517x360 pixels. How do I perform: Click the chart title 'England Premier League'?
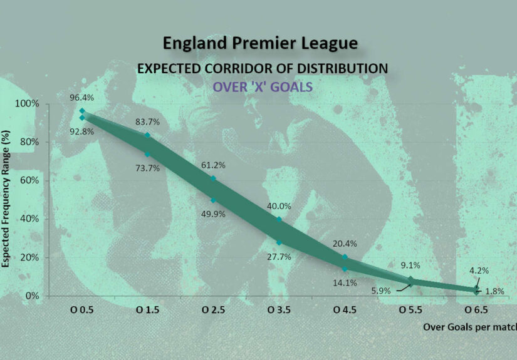(260, 43)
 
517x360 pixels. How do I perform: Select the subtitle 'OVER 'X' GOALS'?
(262, 86)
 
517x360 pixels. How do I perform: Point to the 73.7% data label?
(148, 168)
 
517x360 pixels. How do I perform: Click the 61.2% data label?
(213, 165)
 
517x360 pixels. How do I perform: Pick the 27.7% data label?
(279, 257)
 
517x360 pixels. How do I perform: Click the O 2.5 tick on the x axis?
(213, 310)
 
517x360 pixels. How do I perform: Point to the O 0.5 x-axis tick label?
(82, 310)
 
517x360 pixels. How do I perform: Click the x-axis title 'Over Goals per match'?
(469, 327)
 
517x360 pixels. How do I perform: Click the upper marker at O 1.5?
(148, 135)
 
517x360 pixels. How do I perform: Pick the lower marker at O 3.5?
(279, 242)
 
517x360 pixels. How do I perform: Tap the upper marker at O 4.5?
(345, 257)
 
